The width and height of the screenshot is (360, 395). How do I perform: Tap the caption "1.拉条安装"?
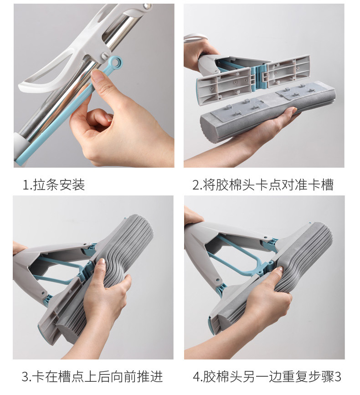coord(54,185)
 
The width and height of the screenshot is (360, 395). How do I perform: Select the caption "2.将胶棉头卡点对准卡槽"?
coord(263,185)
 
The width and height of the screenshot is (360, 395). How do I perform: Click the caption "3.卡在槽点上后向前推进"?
coord(92,377)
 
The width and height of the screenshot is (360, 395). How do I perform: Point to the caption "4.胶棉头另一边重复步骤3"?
coord(267,377)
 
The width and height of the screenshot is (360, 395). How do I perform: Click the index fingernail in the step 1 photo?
coord(98,75)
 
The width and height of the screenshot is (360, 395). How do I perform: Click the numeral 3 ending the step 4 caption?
coord(338,377)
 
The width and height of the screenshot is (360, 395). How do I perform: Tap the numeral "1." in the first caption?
coord(27,185)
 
